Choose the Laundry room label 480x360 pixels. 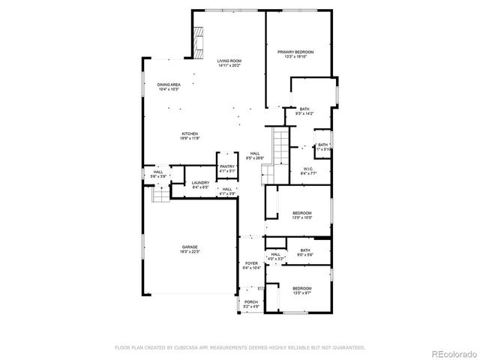click(x=199, y=184)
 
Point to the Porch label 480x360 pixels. click(x=250, y=304)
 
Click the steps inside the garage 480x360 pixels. click(x=160, y=194)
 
